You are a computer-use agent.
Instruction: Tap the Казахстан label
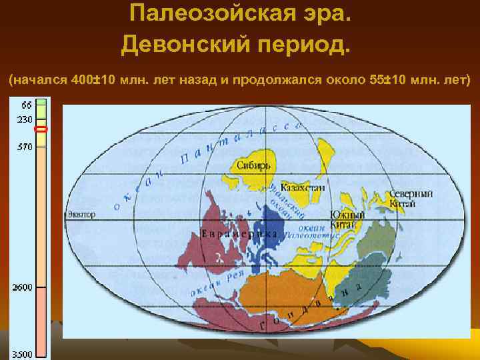303,188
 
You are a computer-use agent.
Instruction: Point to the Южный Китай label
347,219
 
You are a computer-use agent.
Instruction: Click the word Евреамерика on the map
239,235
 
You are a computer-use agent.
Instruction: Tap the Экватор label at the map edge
81,215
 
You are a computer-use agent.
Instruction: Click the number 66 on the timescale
26,105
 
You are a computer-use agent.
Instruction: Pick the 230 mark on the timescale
25,119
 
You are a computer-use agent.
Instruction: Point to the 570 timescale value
25,147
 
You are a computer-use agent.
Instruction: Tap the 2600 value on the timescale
21,287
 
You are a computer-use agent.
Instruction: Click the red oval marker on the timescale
41,129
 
